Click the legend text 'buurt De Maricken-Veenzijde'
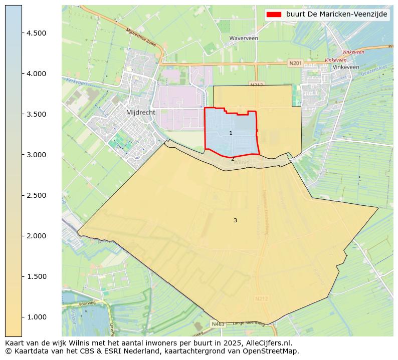(337, 15)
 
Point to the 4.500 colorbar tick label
(36, 33)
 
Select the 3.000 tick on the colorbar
(36, 155)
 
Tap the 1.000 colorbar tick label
(36, 317)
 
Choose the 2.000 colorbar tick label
(36, 236)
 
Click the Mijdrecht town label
(141, 113)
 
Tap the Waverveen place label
(244, 38)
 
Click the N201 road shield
(296, 63)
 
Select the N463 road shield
(218, 324)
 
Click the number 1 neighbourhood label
(231, 133)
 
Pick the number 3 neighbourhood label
(235, 220)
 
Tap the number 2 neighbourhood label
(233, 159)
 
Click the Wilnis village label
(241, 163)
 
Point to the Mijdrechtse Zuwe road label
(141, 38)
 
